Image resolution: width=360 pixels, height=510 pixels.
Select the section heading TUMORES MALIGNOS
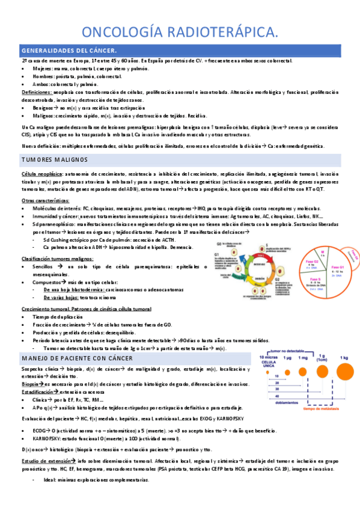coord(55,159)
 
